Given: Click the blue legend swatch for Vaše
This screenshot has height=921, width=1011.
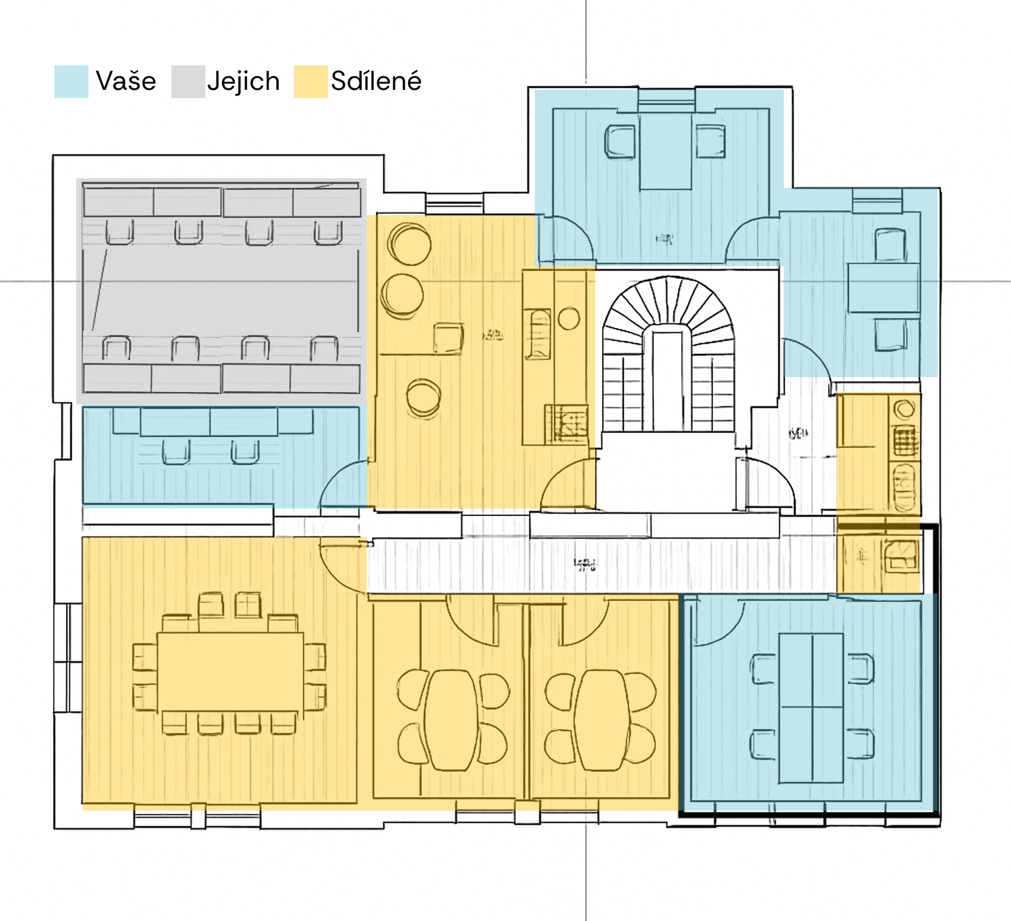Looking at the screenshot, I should (x=71, y=82).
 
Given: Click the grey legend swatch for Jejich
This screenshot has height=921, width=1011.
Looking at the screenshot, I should (x=188, y=82).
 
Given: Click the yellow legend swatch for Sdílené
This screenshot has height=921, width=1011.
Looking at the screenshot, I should (x=311, y=82).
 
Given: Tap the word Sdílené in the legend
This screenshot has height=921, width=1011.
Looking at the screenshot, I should (x=376, y=82).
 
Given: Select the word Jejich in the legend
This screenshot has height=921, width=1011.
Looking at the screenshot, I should (x=244, y=82).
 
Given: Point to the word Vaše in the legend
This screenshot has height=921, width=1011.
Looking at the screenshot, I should (x=126, y=82).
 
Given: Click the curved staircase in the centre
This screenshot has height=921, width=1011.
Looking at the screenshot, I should (x=668, y=354).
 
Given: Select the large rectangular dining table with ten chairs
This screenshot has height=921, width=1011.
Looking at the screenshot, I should (x=230, y=673).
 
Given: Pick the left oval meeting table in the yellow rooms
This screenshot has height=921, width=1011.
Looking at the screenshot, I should (x=452, y=720).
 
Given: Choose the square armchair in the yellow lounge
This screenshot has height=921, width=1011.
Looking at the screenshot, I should (x=448, y=338).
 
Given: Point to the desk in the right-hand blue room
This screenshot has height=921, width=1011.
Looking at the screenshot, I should (x=883, y=288).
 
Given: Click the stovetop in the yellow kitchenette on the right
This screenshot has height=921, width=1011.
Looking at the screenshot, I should (x=904, y=441).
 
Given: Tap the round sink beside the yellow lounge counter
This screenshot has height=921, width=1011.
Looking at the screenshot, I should (x=569, y=319).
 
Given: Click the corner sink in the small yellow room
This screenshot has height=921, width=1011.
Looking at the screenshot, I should (x=902, y=555).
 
